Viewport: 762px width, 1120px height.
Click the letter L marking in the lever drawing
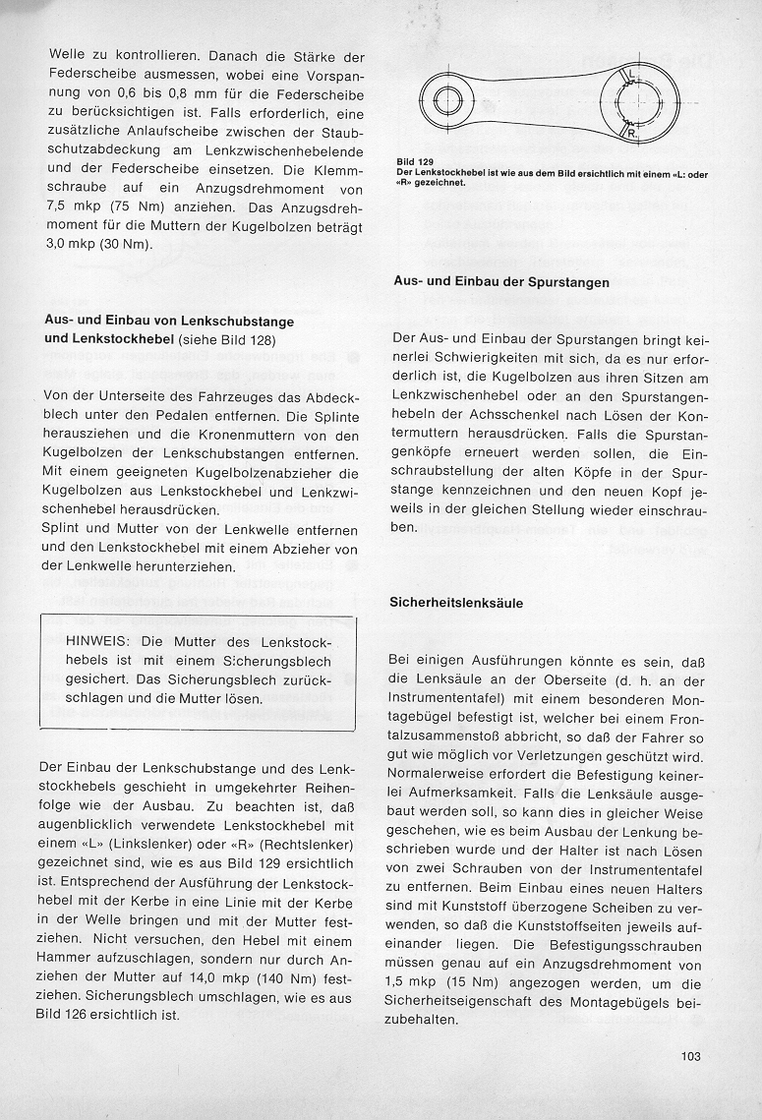tap(631, 77)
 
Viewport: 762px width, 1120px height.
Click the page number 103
tap(689, 1057)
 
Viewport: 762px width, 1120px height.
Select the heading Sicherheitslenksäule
tap(456, 602)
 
